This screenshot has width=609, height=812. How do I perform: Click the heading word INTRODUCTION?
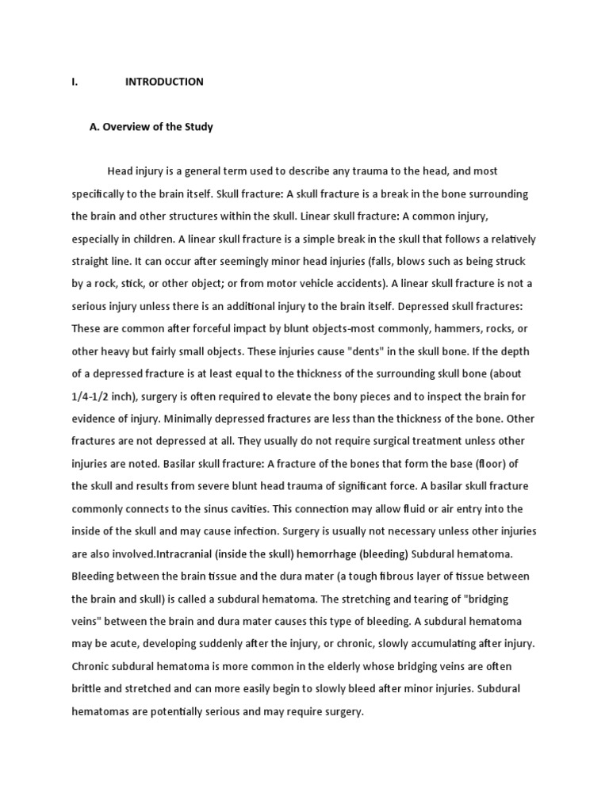[164, 82]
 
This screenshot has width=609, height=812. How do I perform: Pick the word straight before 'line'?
[90, 261]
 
